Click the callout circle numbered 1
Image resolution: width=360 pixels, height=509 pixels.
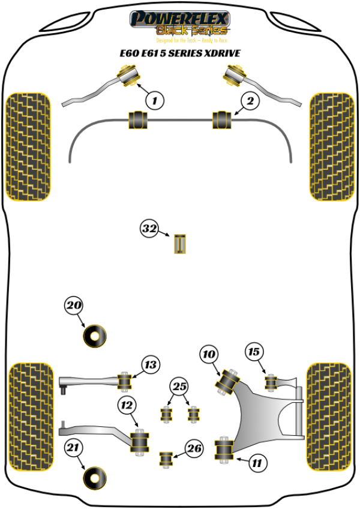pyautogui.click(x=154, y=101)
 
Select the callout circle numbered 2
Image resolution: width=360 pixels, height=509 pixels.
pyautogui.click(x=250, y=101)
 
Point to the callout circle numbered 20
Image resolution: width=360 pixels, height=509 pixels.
pyautogui.click(x=73, y=306)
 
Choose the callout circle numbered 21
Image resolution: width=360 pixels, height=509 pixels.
pyautogui.click(x=73, y=447)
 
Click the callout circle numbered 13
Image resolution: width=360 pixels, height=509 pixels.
pyautogui.click(x=151, y=364)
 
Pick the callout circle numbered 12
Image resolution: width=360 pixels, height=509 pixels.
pyautogui.click(x=127, y=406)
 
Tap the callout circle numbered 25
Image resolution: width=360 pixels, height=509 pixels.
pyautogui.click(x=179, y=387)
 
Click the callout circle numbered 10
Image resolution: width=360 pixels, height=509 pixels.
pyautogui.click(x=208, y=355)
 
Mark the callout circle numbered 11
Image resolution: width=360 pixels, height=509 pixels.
pyautogui.click(x=256, y=463)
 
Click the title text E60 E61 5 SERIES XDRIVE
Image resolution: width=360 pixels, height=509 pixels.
pyautogui.click(x=179, y=53)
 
